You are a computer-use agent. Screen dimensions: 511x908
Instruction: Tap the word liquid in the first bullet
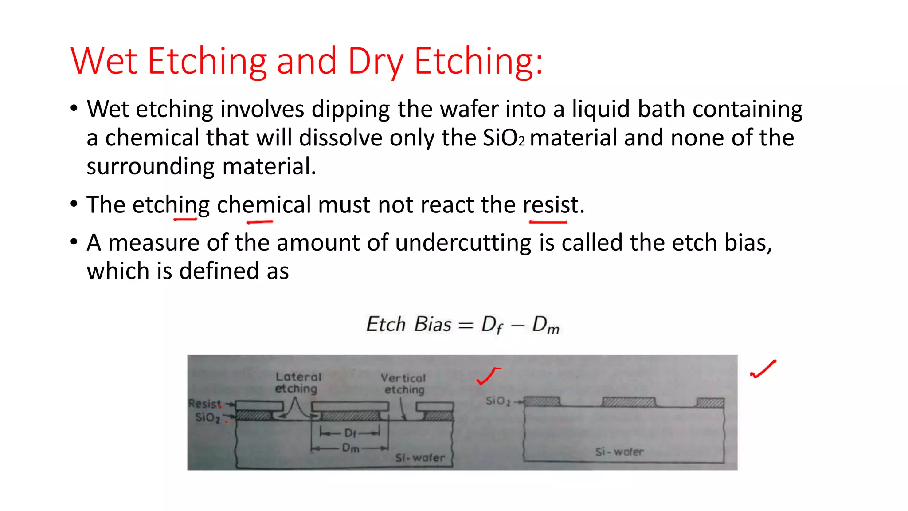(600, 109)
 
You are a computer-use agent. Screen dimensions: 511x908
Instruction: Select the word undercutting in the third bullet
(463, 243)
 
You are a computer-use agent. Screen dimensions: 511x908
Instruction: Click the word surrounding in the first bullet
(150, 167)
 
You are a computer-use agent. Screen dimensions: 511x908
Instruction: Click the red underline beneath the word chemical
(260, 221)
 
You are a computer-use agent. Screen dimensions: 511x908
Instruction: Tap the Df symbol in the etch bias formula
(492, 325)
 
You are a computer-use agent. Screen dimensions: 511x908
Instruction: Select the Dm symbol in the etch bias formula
(545, 325)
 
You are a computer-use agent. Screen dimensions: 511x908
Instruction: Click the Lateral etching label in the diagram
(297, 382)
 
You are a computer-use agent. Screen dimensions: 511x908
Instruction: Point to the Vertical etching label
(403, 384)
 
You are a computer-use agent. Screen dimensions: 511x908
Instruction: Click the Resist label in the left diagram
(204, 404)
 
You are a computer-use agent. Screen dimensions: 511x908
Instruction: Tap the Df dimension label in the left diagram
(350, 433)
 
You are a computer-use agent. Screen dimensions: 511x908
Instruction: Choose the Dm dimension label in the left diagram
(350, 448)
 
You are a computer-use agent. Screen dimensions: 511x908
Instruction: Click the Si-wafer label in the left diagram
(419, 458)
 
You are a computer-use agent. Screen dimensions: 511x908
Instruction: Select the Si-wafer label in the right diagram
(619, 452)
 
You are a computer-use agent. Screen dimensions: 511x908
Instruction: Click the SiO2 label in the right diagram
(498, 401)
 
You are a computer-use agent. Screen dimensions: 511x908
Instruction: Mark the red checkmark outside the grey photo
(763, 369)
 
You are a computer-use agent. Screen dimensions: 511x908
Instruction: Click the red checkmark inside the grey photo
(488, 376)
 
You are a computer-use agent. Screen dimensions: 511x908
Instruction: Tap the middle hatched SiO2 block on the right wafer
(629, 402)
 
